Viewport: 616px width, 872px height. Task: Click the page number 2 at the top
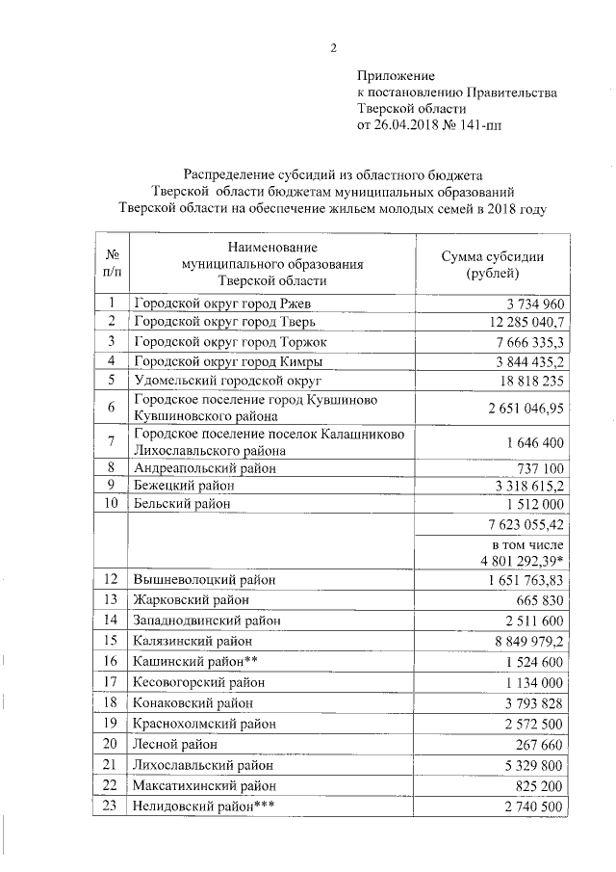334,49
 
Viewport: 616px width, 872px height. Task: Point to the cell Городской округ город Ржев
209,304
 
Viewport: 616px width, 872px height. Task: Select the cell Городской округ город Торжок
218,342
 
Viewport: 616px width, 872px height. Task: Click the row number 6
112,409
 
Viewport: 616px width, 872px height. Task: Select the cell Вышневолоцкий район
204,580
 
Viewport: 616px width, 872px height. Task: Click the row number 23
112,806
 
